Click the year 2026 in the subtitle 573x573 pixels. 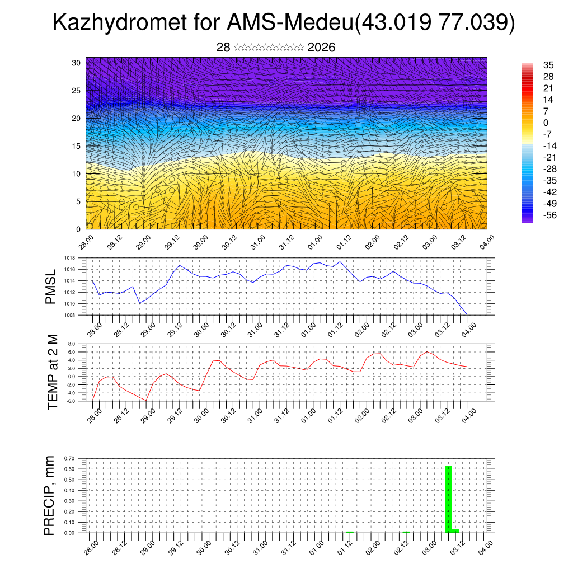pyautogui.click(x=321, y=48)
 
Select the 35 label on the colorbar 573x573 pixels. pyautogui.click(x=548, y=65)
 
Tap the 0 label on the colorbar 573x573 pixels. pyautogui.click(x=546, y=123)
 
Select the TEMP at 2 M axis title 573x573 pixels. pyautogui.click(x=53, y=372)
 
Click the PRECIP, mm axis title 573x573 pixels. pyautogui.click(x=50, y=495)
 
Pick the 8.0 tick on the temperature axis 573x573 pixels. pyautogui.click(x=72, y=344)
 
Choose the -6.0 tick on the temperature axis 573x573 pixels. pyautogui.click(x=71, y=401)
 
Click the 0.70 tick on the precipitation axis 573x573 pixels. pyautogui.click(x=70, y=458)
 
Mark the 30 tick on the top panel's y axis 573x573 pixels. pyautogui.click(x=77, y=63)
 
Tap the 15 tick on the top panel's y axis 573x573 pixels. pyautogui.click(x=77, y=146)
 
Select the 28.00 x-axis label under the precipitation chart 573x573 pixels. pyautogui.click(x=91, y=549)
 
